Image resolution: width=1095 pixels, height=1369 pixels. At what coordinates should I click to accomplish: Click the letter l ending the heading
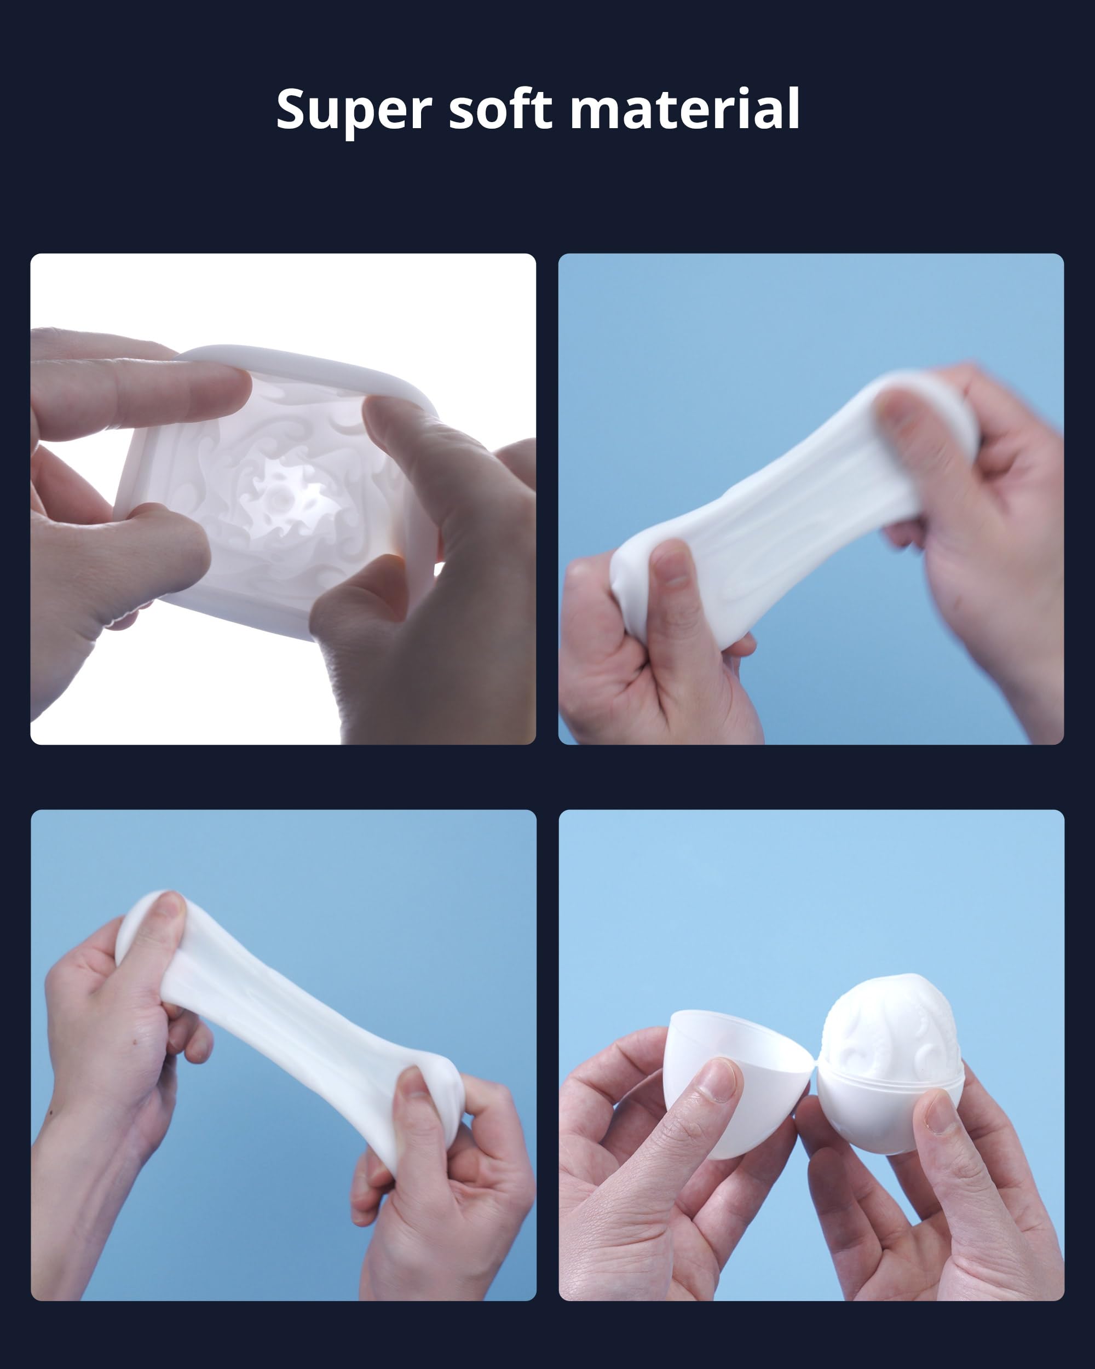793,107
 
